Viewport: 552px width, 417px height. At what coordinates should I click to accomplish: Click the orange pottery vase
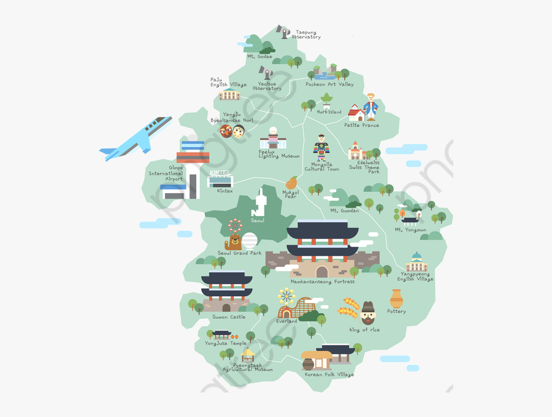[397, 299]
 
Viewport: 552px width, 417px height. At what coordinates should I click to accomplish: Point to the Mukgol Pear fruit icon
[291, 183]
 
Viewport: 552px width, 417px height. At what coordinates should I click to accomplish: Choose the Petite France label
[361, 125]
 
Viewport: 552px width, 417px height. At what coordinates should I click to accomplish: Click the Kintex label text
[225, 191]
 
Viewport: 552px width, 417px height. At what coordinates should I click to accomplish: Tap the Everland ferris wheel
[286, 298]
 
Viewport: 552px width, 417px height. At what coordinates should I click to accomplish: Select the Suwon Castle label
[229, 317]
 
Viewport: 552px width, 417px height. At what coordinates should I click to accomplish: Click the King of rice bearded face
[368, 314]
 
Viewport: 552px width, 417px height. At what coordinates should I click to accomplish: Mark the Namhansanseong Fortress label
[323, 281]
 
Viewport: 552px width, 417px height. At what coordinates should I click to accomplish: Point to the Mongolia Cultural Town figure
[321, 148]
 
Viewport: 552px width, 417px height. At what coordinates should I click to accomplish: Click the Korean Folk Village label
[329, 375]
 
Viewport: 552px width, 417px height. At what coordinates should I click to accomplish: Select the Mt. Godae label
[259, 56]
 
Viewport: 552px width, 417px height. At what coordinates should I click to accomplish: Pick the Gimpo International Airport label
[166, 173]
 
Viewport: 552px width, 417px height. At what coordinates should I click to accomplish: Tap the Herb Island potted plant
[326, 100]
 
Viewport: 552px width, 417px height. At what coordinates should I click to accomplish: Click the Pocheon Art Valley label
[329, 85]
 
